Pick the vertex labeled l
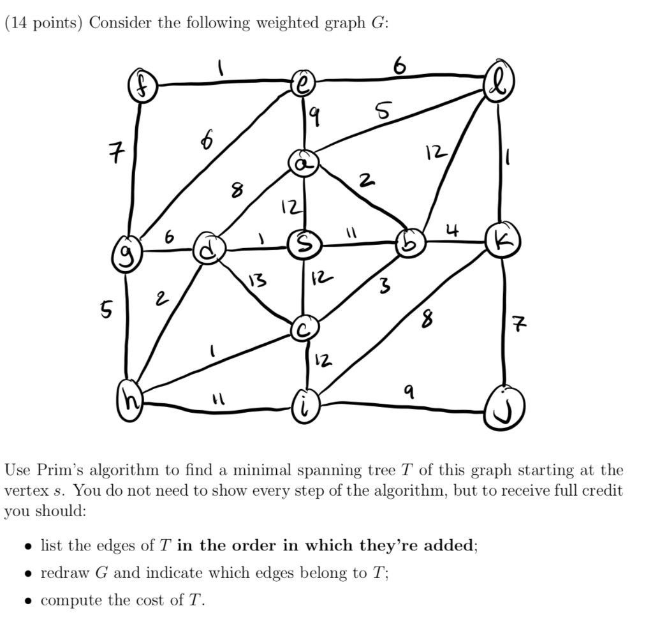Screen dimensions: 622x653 (498, 84)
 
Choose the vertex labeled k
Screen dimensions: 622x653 (499, 242)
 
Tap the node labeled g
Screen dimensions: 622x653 (125, 259)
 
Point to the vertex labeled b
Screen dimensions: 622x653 (408, 242)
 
